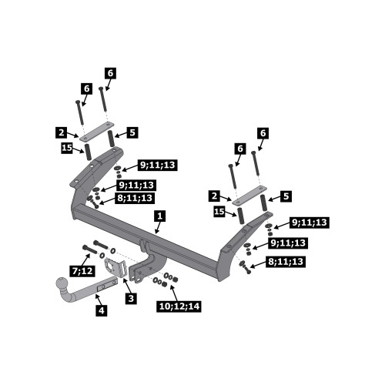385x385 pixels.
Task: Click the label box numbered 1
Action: pos(160,216)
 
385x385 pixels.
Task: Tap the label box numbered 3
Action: pos(131,298)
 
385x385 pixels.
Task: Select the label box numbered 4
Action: pos(102,310)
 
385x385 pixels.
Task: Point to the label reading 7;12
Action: pos(82,270)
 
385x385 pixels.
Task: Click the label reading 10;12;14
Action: pos(179,306)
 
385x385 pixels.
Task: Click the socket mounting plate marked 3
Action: pos(115,267)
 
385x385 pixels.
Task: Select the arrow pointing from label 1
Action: pos(158,227)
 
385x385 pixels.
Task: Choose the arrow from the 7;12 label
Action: pos(86,259)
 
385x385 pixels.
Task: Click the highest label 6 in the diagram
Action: pos(110,73)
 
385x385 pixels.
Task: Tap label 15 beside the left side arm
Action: pos(67,148)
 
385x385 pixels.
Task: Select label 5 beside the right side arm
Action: pos(286,196)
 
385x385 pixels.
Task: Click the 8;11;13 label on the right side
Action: pos(286,262)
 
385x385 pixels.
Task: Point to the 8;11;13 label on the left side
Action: pos(135,198)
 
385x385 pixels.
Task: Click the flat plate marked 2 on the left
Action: pos(96,132)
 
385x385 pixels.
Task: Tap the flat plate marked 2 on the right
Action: pos(249,195)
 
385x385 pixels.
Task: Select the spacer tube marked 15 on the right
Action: pos(241,217)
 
